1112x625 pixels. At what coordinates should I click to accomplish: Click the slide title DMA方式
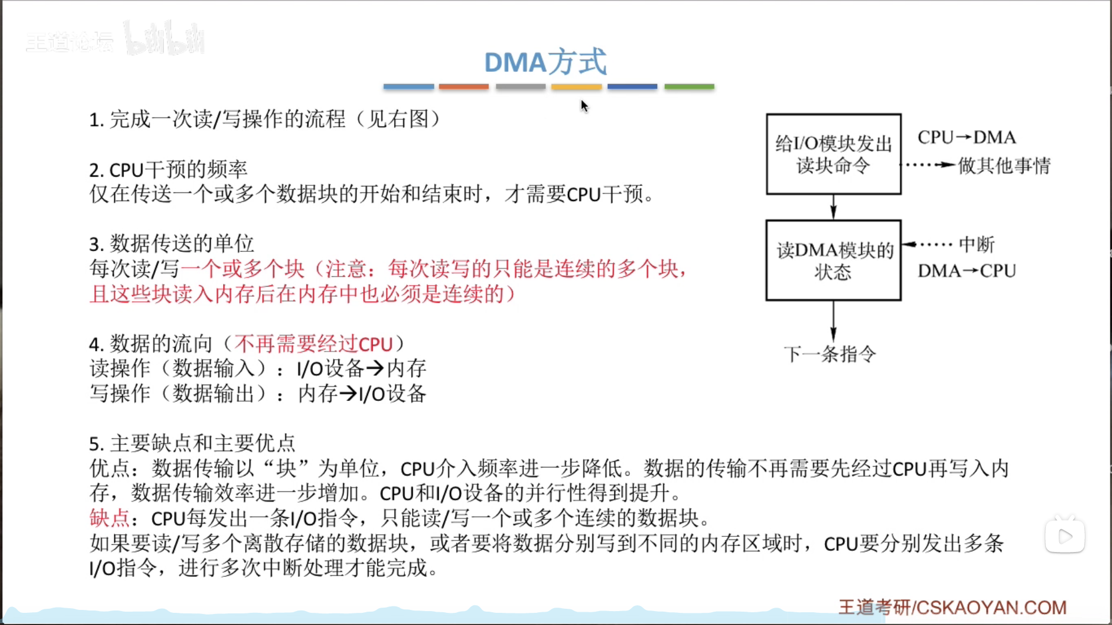click(x=545, y=62)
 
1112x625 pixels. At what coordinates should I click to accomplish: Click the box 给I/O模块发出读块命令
click(x=833, y=154)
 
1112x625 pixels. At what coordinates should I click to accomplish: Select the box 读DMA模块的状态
click(x=833, y=260)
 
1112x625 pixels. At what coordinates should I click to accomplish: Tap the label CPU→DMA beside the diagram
click(x=967, y=137)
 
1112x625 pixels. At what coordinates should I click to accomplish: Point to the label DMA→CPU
click(x=967, y=271)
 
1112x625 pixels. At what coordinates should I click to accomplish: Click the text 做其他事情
click(x=1004, y=166)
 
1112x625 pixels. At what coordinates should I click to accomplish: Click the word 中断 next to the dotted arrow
click(x=976, y=244)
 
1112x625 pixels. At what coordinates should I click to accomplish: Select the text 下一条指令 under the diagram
click(x=830, y=354)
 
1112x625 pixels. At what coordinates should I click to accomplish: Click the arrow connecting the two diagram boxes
click(x=833, y=207)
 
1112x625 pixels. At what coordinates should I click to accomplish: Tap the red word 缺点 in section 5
click(x=110, y=518)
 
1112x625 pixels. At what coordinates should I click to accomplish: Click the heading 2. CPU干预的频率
click(x=168, y=170)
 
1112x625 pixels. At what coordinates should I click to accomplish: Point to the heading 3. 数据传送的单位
click(x=172, y=244)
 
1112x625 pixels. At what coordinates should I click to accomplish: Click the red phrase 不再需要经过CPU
click(x=313, y=344)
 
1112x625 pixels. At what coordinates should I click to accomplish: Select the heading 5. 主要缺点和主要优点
click(x=192, y=444)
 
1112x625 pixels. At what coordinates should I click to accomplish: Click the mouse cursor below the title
click(x=584, y=105)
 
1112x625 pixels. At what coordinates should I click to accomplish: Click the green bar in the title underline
click(x=689, y=86)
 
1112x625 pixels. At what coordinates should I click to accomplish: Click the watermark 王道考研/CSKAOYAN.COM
click(x=952, y=607)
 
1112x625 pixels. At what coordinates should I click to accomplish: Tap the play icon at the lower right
click(x=1065, y=536)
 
